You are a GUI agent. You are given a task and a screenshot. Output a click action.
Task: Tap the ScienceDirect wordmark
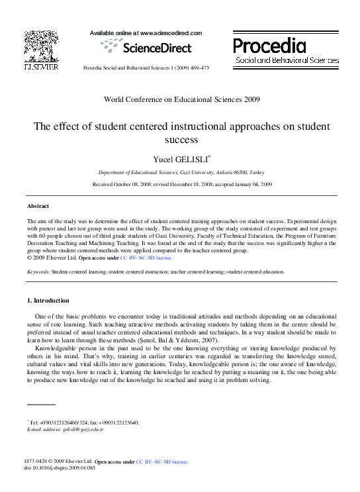146,48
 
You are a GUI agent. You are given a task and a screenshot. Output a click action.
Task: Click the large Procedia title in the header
269,45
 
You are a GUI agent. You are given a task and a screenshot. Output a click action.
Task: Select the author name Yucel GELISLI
181,159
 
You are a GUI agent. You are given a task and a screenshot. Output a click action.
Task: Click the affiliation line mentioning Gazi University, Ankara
181,171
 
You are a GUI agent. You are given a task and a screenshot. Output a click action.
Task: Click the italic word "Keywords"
38,271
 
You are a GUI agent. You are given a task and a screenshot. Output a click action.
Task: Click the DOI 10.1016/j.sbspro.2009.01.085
62,469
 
